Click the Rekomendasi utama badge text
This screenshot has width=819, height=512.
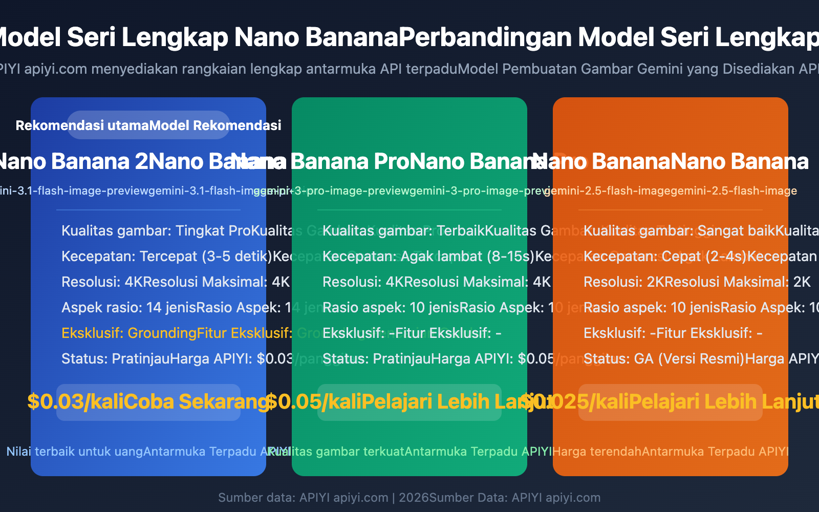pyautogui.click(x=82, y=125)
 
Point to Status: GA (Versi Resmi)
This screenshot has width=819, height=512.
pyautogui.click(x=664, y=358)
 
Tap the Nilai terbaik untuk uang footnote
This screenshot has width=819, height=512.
pyautogui.click(x=75, y=452)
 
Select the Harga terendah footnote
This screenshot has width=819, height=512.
pyautogui.click(x=597, y=452)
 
